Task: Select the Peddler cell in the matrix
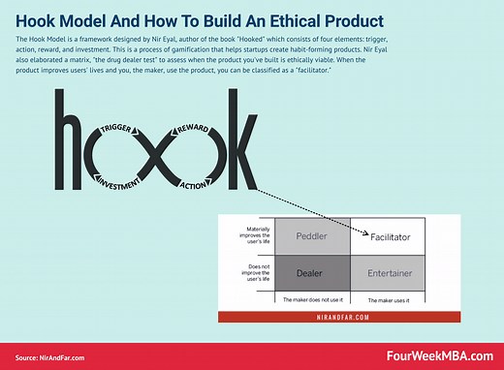312,235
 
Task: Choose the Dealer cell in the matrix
312,275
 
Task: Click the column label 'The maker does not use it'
312,299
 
